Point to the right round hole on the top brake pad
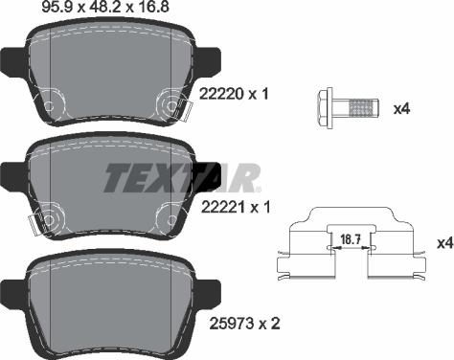coord(170,101)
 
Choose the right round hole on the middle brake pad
coord(170,216)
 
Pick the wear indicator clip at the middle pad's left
coord(33,225)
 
